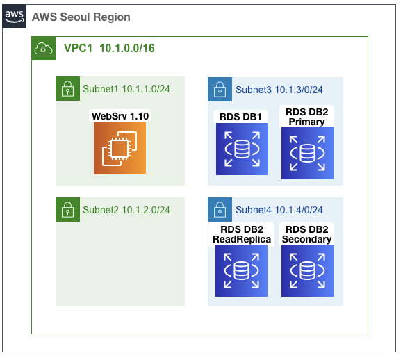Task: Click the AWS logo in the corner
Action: (x=15, y=17)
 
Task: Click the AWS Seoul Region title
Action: (x=81, y=17)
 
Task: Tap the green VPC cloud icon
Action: (x=44, y=49)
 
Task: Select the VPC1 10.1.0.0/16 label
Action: (x=109, y=49)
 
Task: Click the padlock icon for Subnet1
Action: (x=68, y=89)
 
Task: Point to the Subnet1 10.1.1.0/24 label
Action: (x=126, y=89)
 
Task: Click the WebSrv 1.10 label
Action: (x=120, y=116)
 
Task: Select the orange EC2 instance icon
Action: (x=120, y=148)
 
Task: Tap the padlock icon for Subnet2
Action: (x=68, y=210)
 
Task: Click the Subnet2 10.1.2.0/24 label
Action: (x=126, y=210)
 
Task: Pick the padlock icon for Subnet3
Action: (x=220, y=89)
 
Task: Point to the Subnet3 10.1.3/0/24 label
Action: (x=279, y=90)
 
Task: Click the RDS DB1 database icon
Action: (x=242, y=149)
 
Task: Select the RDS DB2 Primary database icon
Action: (x=307, y=154)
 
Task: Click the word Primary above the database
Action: (x=306, y=122)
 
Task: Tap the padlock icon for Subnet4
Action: (x=220, y=210)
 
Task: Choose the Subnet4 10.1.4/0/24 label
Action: (x=279, y=210)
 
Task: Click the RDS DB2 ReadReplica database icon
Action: (x=241, y=271)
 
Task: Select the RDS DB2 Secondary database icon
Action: (x=307, y=271)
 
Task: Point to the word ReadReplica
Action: (x=242, y=239)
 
